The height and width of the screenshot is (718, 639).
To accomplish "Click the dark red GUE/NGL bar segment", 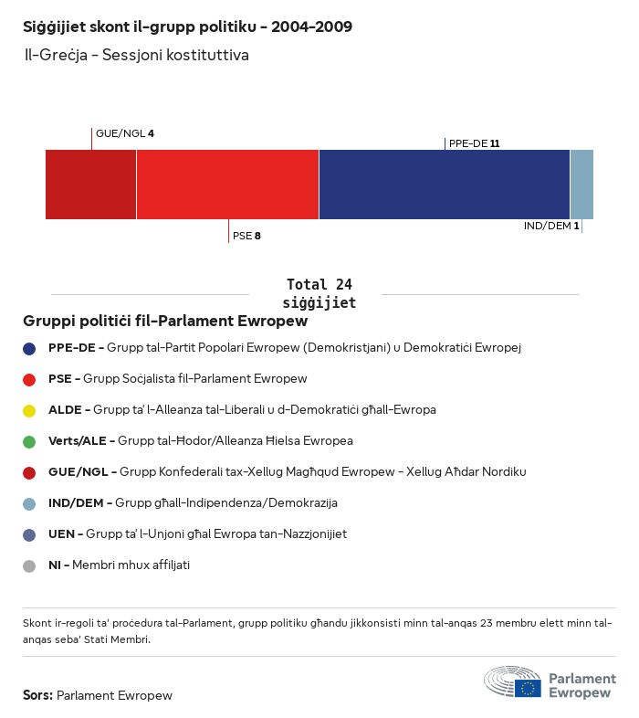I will (90, 185).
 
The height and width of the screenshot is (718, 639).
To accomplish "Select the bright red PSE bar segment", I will (227, 185).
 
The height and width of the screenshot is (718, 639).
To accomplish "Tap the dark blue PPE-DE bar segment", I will (444, 185).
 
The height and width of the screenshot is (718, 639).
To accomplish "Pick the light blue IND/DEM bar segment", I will (581, 185).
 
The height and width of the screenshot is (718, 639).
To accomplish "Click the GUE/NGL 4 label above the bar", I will (125, 134).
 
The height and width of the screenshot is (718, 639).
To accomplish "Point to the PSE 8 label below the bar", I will (246, 236).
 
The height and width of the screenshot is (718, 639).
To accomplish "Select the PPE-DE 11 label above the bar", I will (474, 143).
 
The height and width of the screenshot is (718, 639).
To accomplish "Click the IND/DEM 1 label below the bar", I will (551, 226).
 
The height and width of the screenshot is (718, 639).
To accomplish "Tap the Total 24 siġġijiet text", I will (319, 293).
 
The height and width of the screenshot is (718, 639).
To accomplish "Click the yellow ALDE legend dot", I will (29, 410).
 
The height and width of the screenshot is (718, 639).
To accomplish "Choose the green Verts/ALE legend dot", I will (29, 441).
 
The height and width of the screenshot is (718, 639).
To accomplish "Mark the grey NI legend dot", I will (29, 565).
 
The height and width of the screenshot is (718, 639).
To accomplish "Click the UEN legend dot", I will (29, 534).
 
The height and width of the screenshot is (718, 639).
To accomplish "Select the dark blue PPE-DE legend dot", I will (29, 348).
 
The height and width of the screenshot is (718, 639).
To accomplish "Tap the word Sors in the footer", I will (37, 695).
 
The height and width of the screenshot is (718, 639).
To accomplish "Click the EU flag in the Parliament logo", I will (528, 687).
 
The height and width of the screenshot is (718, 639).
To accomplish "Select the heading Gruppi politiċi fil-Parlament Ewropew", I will (165, 322).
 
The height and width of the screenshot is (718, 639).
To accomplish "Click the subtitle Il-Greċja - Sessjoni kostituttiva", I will (137, 56).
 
